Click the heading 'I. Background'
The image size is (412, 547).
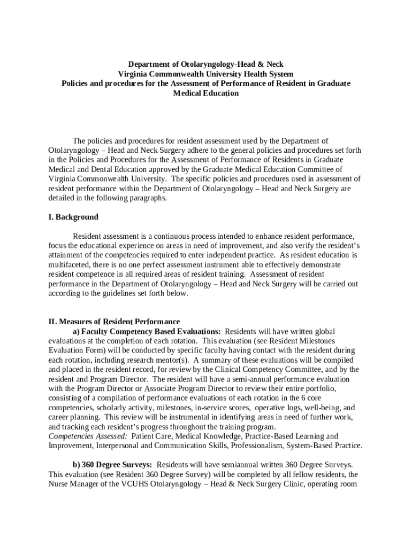73,217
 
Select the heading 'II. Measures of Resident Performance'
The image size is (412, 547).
114,322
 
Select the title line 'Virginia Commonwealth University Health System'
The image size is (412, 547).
205,74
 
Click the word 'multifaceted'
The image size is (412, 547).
68,265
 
